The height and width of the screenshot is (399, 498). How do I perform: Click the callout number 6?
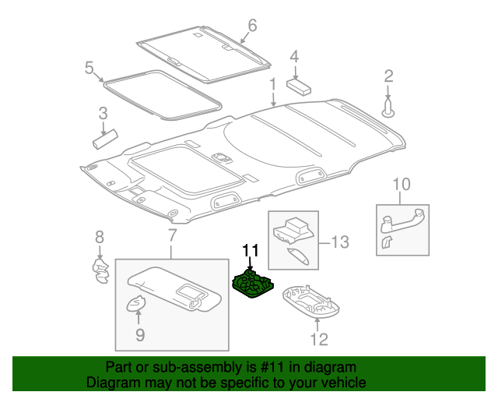point(251,26)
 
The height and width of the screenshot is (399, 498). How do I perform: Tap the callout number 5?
point(89,67)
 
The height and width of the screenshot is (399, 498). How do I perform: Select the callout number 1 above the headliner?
point(273,83)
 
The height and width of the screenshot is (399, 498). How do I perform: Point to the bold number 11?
point(250,251)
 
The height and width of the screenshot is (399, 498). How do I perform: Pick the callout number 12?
point(319,339)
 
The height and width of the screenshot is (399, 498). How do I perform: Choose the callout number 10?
point(401,185)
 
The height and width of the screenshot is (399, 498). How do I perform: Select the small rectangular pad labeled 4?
point(298,84)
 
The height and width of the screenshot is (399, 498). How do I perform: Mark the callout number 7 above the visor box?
point(172,235)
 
